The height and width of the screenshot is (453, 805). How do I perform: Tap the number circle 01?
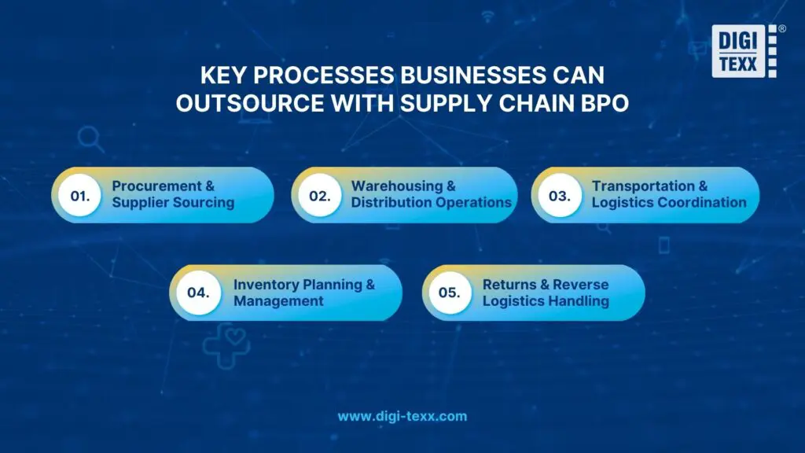80,195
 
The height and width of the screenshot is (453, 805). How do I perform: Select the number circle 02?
319,195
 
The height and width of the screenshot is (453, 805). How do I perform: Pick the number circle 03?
560,195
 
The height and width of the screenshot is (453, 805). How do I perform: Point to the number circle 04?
198,293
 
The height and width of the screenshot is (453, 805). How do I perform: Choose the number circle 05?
449,293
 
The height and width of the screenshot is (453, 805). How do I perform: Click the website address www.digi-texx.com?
402,416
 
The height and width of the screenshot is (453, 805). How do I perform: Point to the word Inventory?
264,285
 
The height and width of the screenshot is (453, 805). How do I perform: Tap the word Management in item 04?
278,301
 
